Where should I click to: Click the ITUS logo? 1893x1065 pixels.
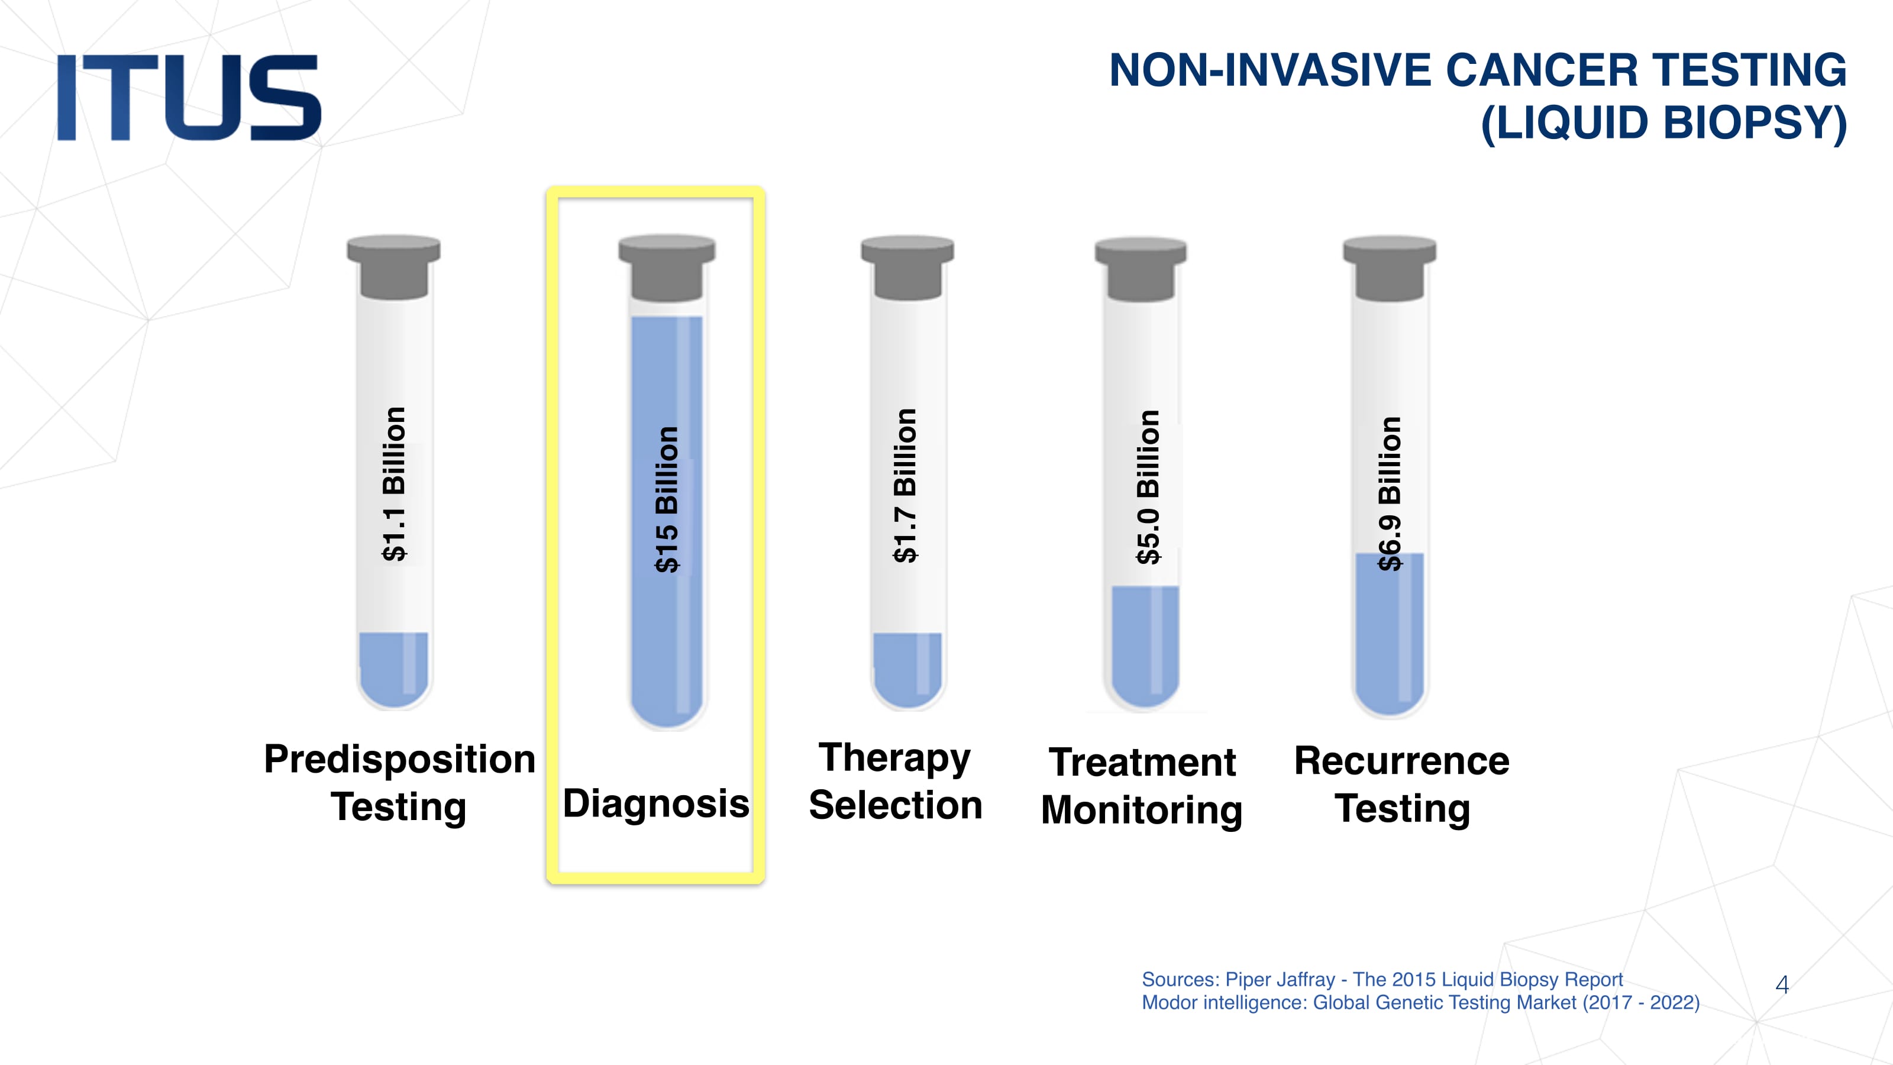pyautogui.click(x=189, y=97)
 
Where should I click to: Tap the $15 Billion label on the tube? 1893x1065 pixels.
pyautogui.click(x=667, y=499)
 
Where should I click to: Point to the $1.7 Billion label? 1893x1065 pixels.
pyautogui.click(x=904, y=485)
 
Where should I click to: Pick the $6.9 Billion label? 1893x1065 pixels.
pyautogui.click(x=1390, y=493)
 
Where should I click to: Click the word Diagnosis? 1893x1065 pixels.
pyautogui.click(x=656, y=804)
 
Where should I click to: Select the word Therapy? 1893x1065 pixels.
pyautogui.click(x=895, y=759)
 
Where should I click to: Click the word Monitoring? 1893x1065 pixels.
pyautogui.click(x=1142, y=811)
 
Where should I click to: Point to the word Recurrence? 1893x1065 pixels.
pyautogui.click(x=1401, y=761)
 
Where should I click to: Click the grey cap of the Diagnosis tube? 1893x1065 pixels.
pyautogui.click(x=667, y=267)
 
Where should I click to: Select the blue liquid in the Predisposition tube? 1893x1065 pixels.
pyautogui.click(x=394, y=669)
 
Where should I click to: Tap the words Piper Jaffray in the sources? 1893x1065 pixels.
pyautogui.click(x=1280, y=980)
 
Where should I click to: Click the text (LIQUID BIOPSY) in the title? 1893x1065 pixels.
pyautogui.click(x=1663, y=122)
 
